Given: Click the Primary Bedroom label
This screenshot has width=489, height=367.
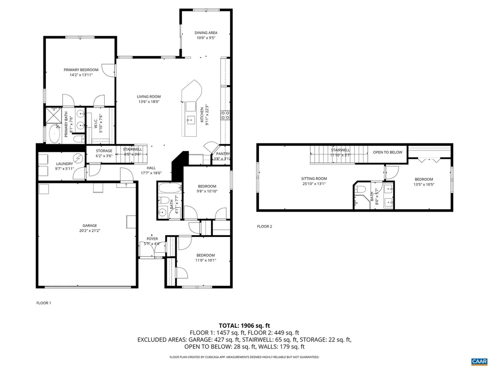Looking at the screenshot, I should coord(81,70).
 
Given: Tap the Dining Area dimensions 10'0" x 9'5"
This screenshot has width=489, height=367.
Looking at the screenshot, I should coord(206,39).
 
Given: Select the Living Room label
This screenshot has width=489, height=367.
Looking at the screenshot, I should coord(149,96).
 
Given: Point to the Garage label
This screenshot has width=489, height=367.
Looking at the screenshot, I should coord(89,225).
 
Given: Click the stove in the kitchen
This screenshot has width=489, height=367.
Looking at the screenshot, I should coord(225,115).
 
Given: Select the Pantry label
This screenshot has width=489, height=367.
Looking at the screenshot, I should coord(223,153).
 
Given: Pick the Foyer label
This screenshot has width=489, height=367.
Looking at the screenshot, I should coord(152,238).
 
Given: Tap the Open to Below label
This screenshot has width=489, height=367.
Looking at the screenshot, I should coord(387,152).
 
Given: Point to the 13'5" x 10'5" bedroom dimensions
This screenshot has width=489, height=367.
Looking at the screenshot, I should coord(424,184).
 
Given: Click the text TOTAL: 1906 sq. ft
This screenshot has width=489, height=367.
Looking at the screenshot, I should coord(244,325).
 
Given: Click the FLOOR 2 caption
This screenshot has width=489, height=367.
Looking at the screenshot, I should coord(264,227).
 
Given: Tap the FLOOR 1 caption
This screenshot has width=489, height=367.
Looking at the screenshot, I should coord(43,302).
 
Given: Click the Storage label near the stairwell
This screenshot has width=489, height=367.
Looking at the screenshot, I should coord(104,151).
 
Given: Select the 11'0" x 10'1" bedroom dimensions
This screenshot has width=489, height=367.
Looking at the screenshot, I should coord(205,260).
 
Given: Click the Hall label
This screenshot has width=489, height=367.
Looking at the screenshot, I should coord(151,168).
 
